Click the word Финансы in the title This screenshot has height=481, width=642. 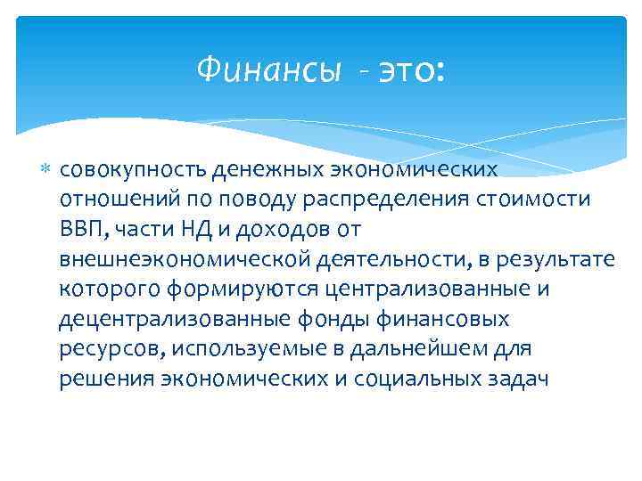pyautogui.click(x=267, y=69)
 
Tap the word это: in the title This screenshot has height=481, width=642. pyautogui.click(x=407, y=69)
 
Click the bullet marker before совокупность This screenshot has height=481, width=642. pyautogui.click(x=47, y=167)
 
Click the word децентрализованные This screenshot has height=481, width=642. pyautogui.click(x=158, y=319)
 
